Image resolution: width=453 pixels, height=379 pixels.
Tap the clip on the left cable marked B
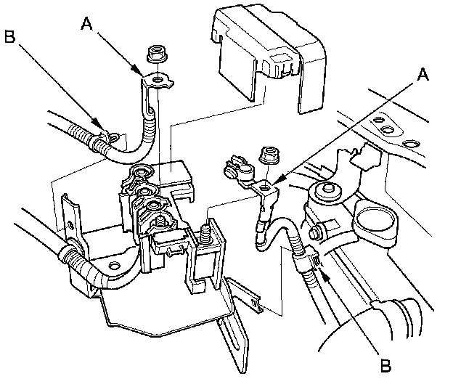click(x=101, y=136)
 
